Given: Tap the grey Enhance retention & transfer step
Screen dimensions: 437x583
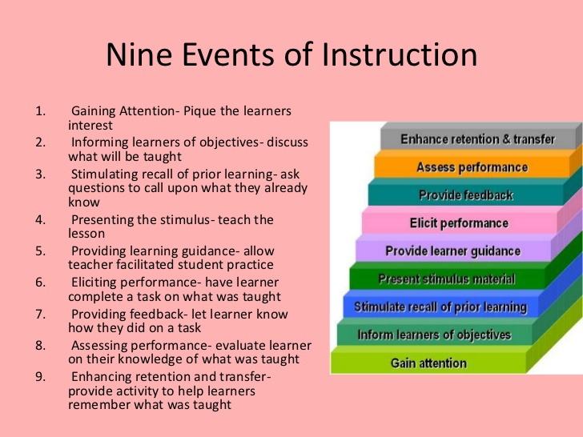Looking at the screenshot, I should (477, 139).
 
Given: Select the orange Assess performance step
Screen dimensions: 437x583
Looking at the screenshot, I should (472, 167).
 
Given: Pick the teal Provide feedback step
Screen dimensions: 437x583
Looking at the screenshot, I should (465, 195).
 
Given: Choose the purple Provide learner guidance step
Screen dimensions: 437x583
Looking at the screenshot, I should (452, 251).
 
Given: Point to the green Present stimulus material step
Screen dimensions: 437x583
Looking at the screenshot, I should (446, 279).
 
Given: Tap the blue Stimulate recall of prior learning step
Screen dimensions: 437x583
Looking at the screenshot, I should (440, 307).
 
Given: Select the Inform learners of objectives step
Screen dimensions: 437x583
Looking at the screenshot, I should (433, 335).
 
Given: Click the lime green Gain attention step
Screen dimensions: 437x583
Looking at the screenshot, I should (428, 363).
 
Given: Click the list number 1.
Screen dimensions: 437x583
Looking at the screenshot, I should (40, 111).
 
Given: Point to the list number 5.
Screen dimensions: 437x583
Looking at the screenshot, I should (40, 251).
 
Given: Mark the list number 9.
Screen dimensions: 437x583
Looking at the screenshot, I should (40, 376).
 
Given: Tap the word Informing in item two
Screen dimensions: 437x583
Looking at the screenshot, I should (101, 142).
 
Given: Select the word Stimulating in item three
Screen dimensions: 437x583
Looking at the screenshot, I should (106, 174).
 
